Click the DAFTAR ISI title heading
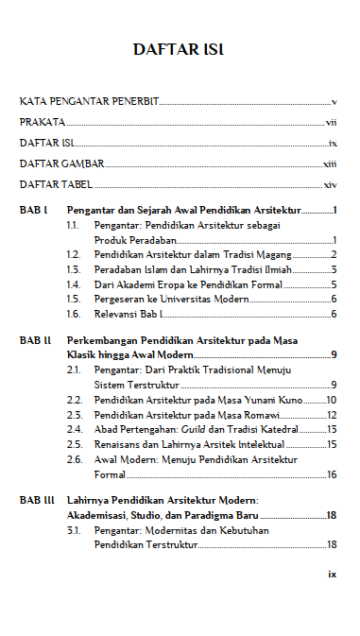(180, 49)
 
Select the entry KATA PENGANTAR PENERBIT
(90, 100)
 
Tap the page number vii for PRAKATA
(332, 122)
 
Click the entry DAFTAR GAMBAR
(62, 163)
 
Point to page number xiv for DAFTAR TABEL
(331, 184)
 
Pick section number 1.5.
(74, 298)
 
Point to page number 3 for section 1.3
(334, 269)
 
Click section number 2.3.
(74, 414)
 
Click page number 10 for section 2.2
(332, 400)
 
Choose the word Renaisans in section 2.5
(118, 442)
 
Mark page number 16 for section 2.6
(332, 473)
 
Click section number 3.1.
(74, 530)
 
